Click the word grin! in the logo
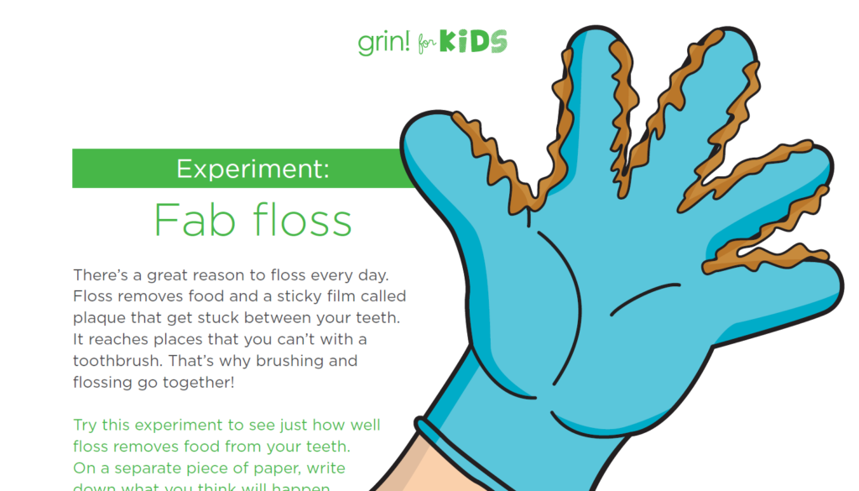tap(384, 42)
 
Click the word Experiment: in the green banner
tap(252, 169)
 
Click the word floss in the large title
tap(298, 220)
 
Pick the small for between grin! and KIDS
tap(427, 44)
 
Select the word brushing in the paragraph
tap(285, 361)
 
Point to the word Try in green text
tap(86, 425)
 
